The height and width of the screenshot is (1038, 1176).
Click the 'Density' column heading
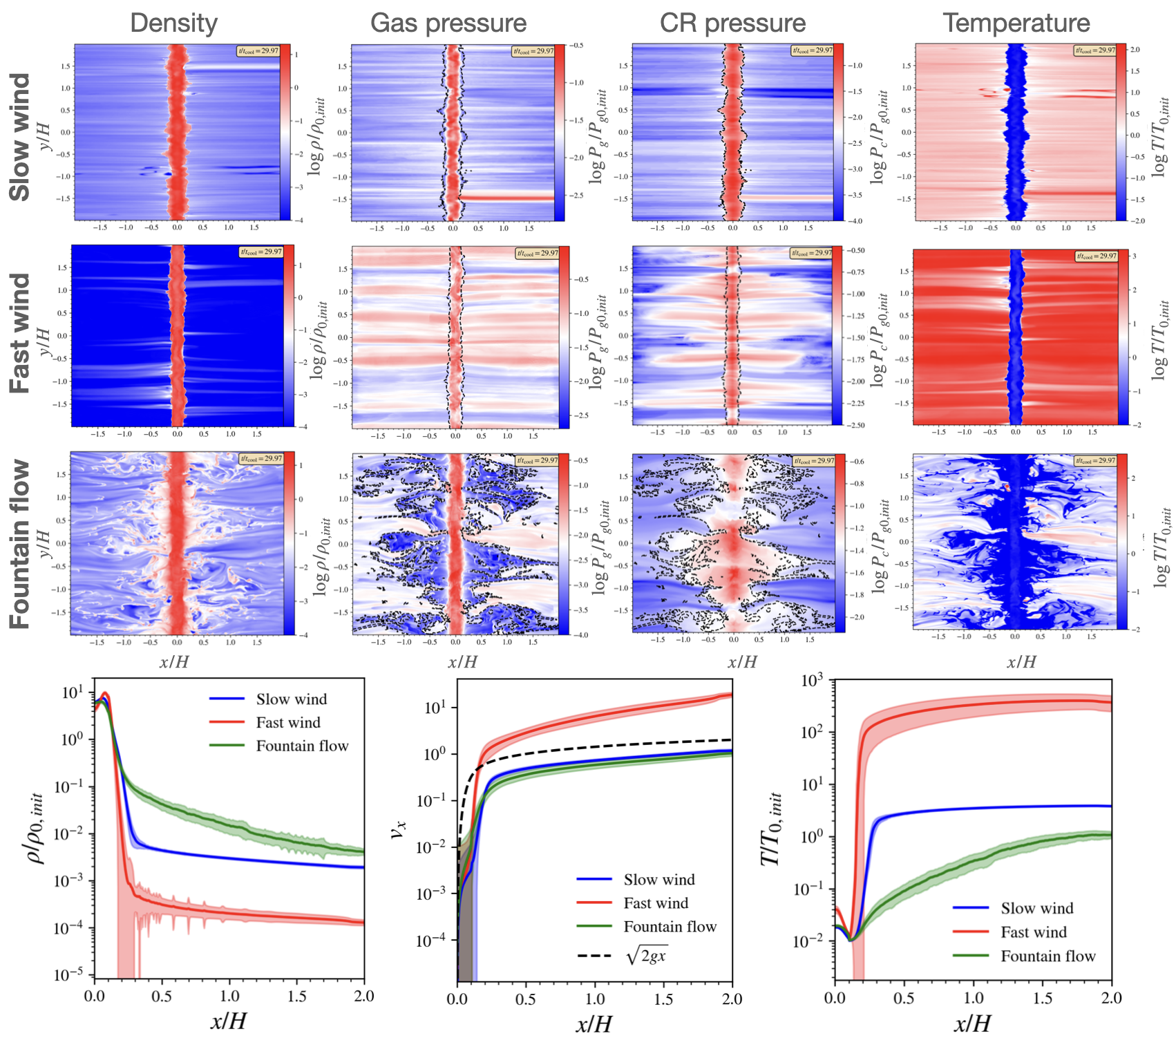(173, 23)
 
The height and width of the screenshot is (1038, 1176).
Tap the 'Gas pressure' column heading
(448, 23)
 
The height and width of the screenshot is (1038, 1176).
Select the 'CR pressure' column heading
(732, 23)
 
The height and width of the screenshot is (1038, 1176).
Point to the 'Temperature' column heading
(1016, 23)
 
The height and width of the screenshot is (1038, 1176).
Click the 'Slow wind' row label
(20, 137)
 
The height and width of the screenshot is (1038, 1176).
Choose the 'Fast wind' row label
(20, 333)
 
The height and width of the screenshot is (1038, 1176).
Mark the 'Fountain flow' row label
(20, 544)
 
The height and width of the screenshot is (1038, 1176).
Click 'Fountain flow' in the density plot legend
(302, 746)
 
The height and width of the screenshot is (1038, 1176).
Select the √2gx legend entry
(646, 956)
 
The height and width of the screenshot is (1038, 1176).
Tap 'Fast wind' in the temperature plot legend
(1034, 932)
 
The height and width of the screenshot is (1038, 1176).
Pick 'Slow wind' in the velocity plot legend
(659, 880)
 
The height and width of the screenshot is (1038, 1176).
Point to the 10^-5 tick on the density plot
(70, 975)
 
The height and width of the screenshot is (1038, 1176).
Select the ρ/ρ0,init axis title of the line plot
(37, 828)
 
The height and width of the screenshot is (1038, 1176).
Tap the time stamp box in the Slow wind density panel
(259, 50)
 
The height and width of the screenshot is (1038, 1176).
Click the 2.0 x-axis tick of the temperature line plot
(1111, 998)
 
